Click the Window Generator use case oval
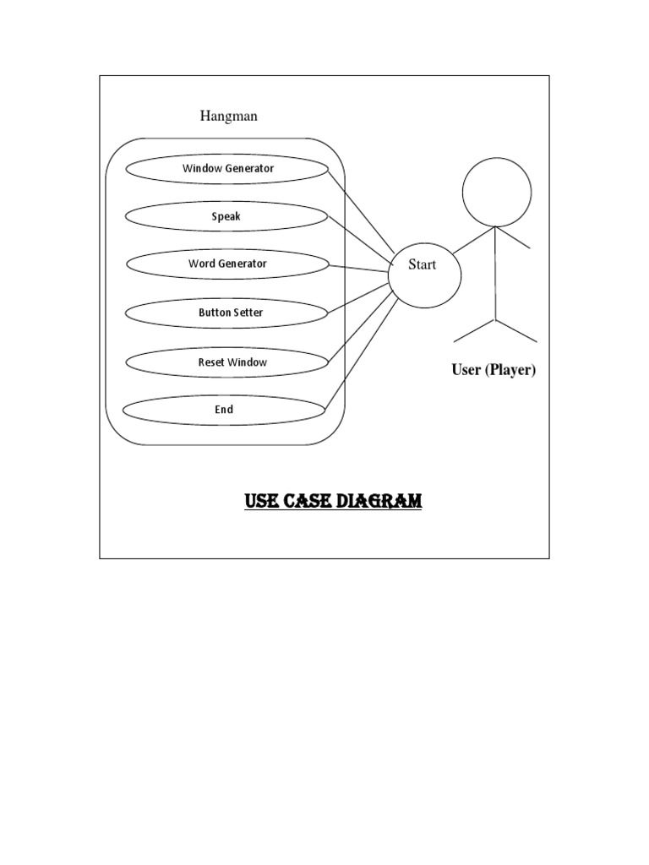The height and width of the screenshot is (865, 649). [226, 168]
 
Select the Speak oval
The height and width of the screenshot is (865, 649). [226, 216]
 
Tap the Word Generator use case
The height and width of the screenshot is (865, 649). [227, 264]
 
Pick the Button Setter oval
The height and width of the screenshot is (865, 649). [226, 313]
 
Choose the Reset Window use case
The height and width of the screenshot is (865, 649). [226, 362]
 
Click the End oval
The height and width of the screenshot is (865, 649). [224, 410]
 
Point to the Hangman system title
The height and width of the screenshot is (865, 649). [228, 116]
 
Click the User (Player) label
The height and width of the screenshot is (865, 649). [494, 370]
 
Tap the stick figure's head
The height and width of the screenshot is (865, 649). [497, 193]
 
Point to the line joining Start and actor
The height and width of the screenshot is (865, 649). [469, 242]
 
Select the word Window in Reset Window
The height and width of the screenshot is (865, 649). [247, 362]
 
